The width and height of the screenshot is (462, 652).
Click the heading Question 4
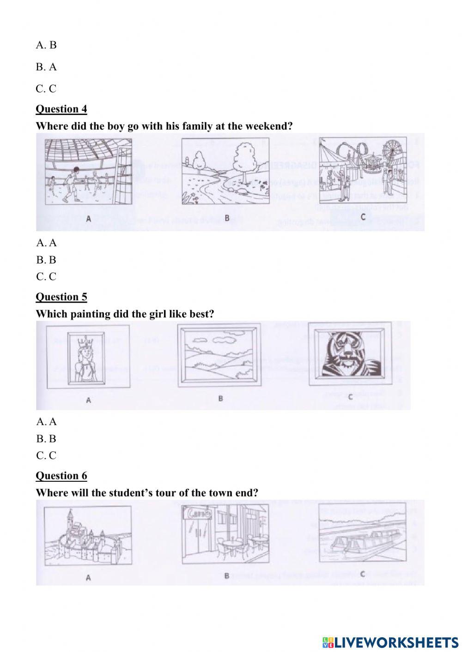pos(61,109)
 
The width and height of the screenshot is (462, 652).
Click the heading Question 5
pos(61,297)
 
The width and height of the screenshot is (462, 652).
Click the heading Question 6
pos(61,475)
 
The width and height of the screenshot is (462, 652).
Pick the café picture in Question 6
pos(225,534)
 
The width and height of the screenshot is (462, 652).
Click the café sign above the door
pos(197,513)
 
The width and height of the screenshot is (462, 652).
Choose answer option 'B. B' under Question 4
pos(46,260)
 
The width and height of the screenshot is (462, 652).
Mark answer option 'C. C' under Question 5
pos(46,455)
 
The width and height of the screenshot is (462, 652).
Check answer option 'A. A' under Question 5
pos(46,421)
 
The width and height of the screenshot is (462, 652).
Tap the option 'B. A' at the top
pos(46,67)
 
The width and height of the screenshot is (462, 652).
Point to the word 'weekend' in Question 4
pos(267,126)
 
